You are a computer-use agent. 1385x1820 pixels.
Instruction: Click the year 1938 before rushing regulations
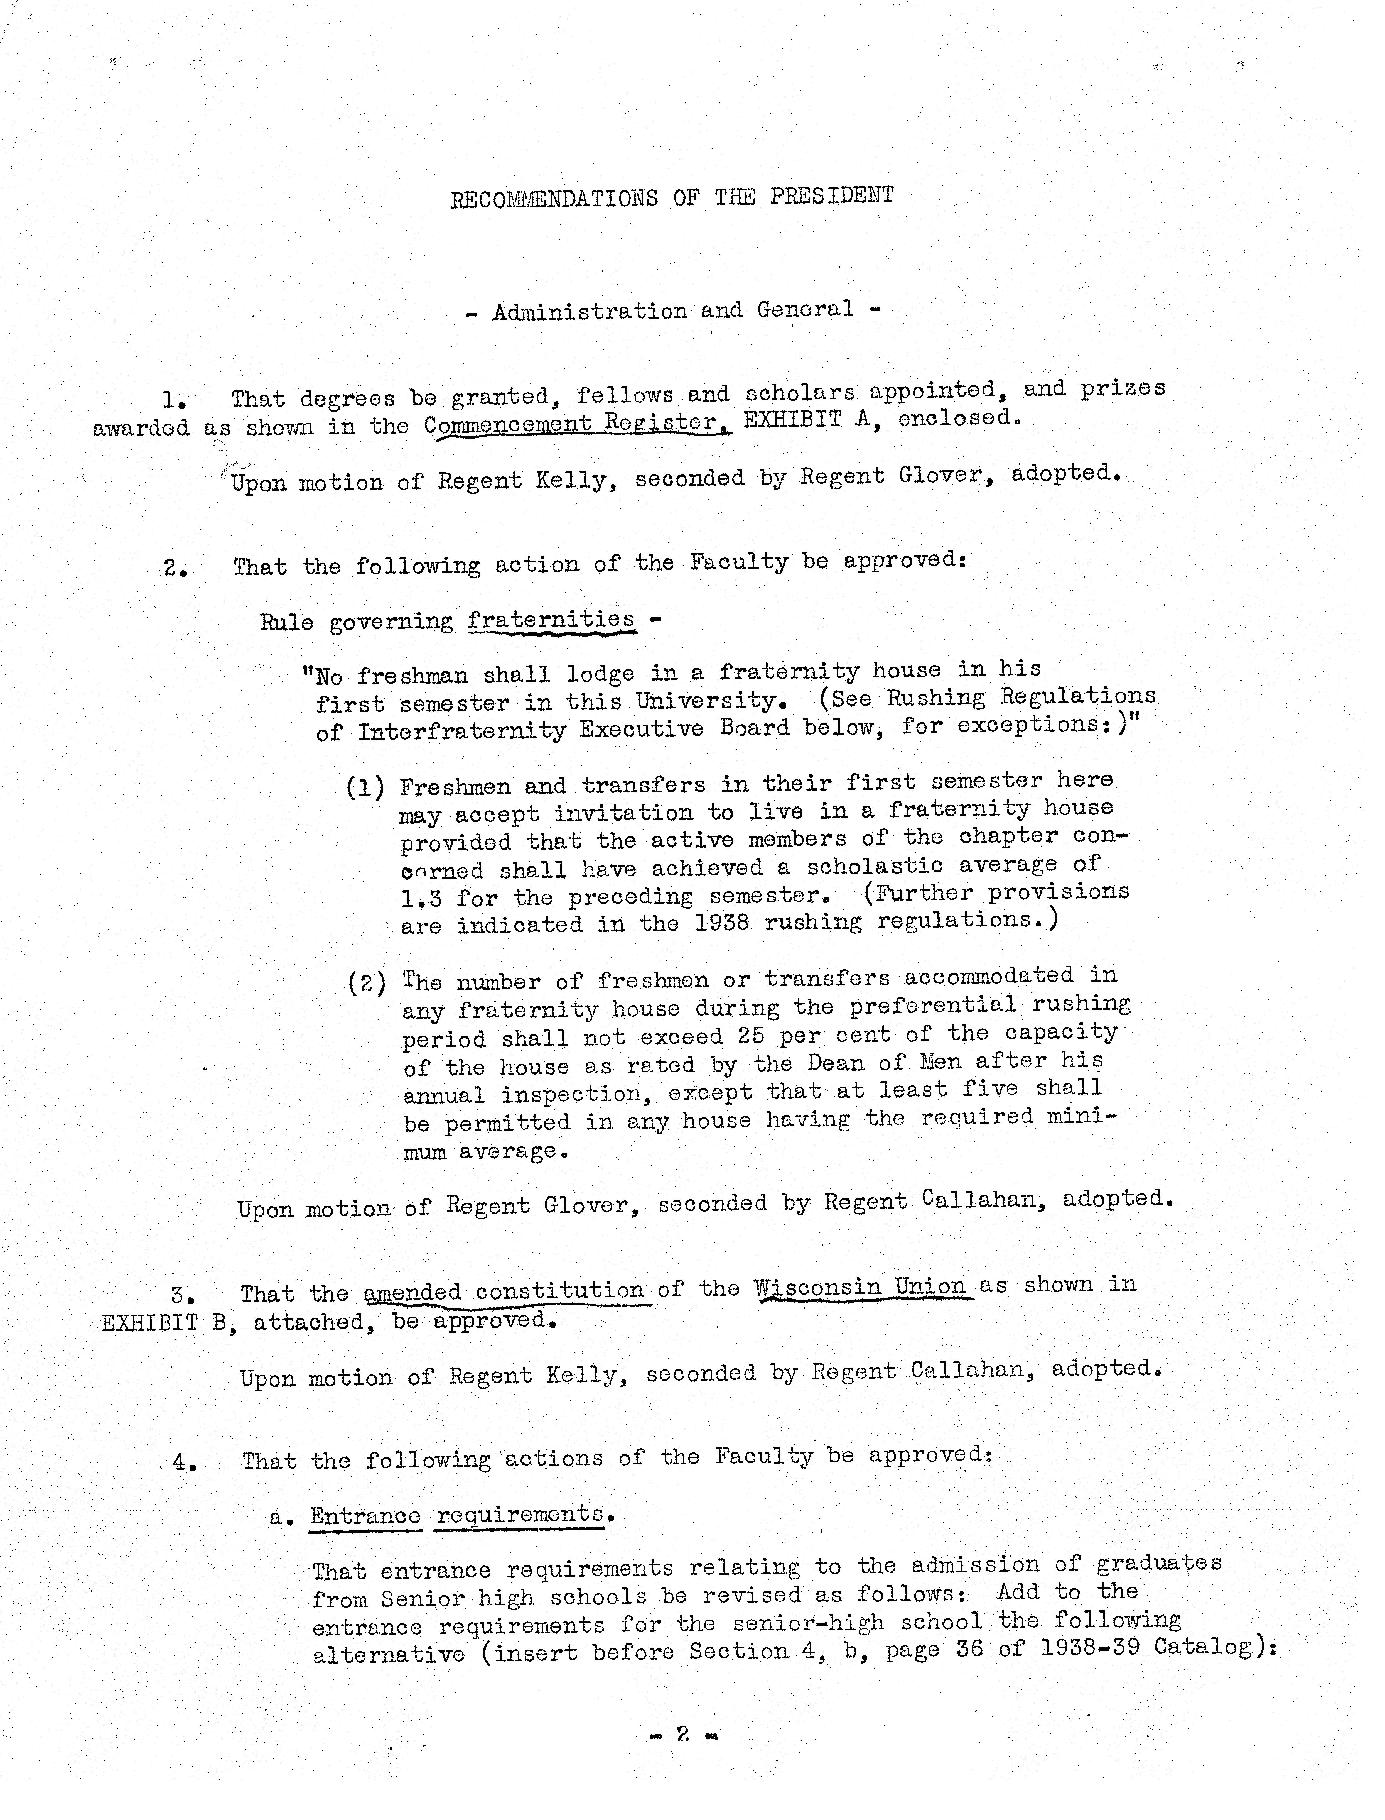[x=721, y=922]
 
